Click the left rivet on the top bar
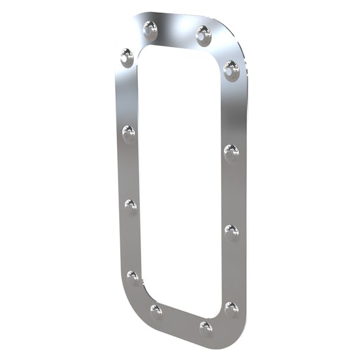point(149,28)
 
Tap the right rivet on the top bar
point(203,34)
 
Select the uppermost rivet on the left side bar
point(127,56)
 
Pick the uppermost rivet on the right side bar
point(231,68)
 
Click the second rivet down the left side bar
point(128,132)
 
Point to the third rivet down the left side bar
point(131,204)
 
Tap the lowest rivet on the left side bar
point(132,276)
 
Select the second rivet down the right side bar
point(231,151)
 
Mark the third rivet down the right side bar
point(231,231)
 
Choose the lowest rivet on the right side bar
point(231,308)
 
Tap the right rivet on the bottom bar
point(206,328)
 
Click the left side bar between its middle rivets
point(129,168)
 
